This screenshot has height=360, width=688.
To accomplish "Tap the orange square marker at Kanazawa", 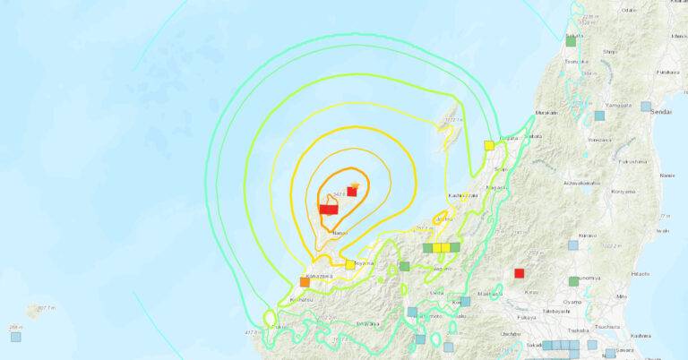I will click(305, 282).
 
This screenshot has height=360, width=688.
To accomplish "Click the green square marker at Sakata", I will click(571, 40).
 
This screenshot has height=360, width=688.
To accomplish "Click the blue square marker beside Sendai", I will click(646, 107).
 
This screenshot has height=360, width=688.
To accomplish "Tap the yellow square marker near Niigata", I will click(489, 145).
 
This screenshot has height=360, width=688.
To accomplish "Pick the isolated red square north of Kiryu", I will click(519, 273).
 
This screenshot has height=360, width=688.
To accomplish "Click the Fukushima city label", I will click(632, 162).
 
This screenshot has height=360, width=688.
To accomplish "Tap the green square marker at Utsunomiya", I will click(573, 281).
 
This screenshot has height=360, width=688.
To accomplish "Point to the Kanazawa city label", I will click(320, 276).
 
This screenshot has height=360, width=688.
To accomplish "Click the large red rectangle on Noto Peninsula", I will click(329, 209).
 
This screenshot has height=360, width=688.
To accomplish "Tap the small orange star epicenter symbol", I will click(356, 185).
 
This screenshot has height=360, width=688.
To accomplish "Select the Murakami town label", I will click(546, 113).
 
